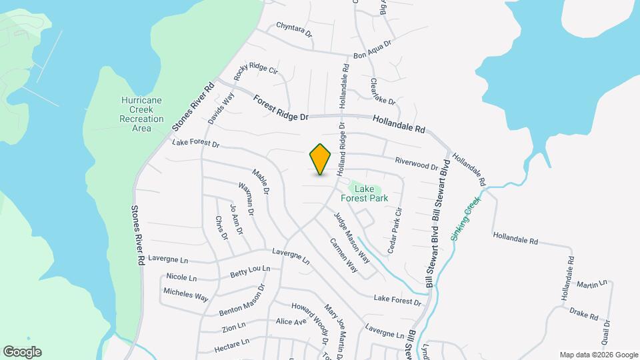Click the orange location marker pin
point(321,159)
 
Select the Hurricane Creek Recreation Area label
point(141,114)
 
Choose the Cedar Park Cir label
point(394,231)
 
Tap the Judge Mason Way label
point(351,236)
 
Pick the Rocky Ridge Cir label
point(255,75)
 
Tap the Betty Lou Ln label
point(250,272)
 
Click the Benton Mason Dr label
point(242,302)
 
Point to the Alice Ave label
point(291,322)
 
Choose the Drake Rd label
point(583,314)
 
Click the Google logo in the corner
point(22,351)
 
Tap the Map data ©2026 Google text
point(598,355)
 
